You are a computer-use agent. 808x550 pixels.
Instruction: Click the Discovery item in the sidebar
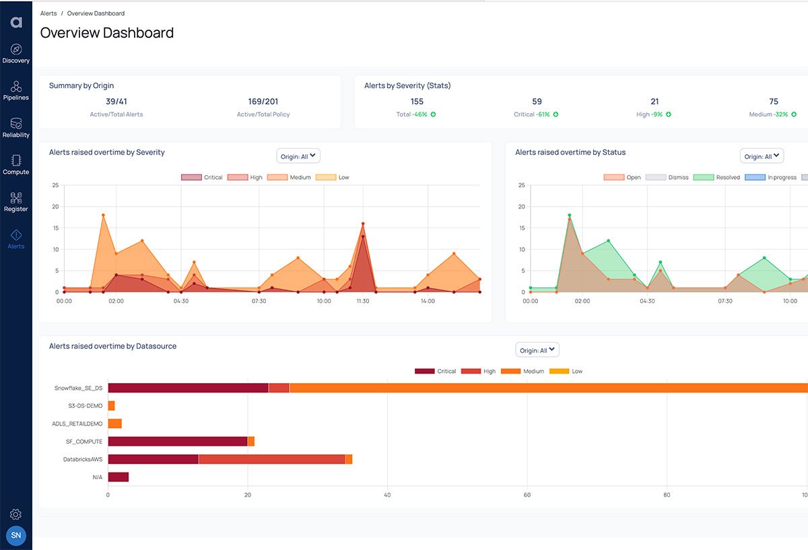(x=16, y=53)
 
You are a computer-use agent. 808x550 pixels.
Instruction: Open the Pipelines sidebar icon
(x=16, y=90)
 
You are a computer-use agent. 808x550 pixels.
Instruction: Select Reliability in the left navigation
(x=16, y=127)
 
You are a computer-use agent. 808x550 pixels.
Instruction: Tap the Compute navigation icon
(x=16, y=164)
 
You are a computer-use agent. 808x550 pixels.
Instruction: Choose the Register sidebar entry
(x=16, y=201)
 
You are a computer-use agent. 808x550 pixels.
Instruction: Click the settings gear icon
(x=16, y=514)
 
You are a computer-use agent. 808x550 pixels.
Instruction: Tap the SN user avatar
(x=16, y=536)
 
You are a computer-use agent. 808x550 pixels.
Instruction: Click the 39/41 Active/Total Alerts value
(x=116, y=102)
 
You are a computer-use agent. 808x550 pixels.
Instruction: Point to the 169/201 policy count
(x=263, y=102)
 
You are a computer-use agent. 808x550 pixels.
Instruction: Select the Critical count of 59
(x=537, y=102)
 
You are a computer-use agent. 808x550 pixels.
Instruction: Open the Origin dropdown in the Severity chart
(x=298, y=156)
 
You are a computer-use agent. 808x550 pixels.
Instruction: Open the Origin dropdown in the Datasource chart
(x=537, y=350)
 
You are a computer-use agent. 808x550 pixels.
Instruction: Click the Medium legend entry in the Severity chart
(x=289, y=178)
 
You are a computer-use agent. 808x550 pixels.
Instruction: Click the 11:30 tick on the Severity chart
(x=362, y=301)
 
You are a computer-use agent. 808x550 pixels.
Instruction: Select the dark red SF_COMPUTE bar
(x=178, y=441)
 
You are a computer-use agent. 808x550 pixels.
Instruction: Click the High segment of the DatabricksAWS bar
(x=271, y=459)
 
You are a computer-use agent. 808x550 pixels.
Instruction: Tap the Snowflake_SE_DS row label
(x=78, y=388)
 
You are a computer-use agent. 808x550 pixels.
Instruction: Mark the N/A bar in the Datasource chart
(x=118, y=477)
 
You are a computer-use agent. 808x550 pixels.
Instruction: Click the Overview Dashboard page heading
(x=107, y=33)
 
